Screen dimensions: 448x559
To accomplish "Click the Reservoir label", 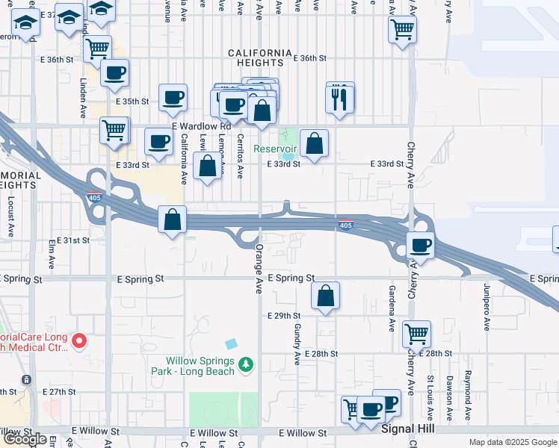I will [x=276, y=149].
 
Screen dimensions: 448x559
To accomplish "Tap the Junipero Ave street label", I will [x=487, y=313].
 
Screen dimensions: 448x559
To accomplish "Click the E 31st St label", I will [x=72, y=240].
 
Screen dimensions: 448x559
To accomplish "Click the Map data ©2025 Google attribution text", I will [x=512, y=442].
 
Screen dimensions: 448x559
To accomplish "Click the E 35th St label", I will [x=132, y=101].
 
